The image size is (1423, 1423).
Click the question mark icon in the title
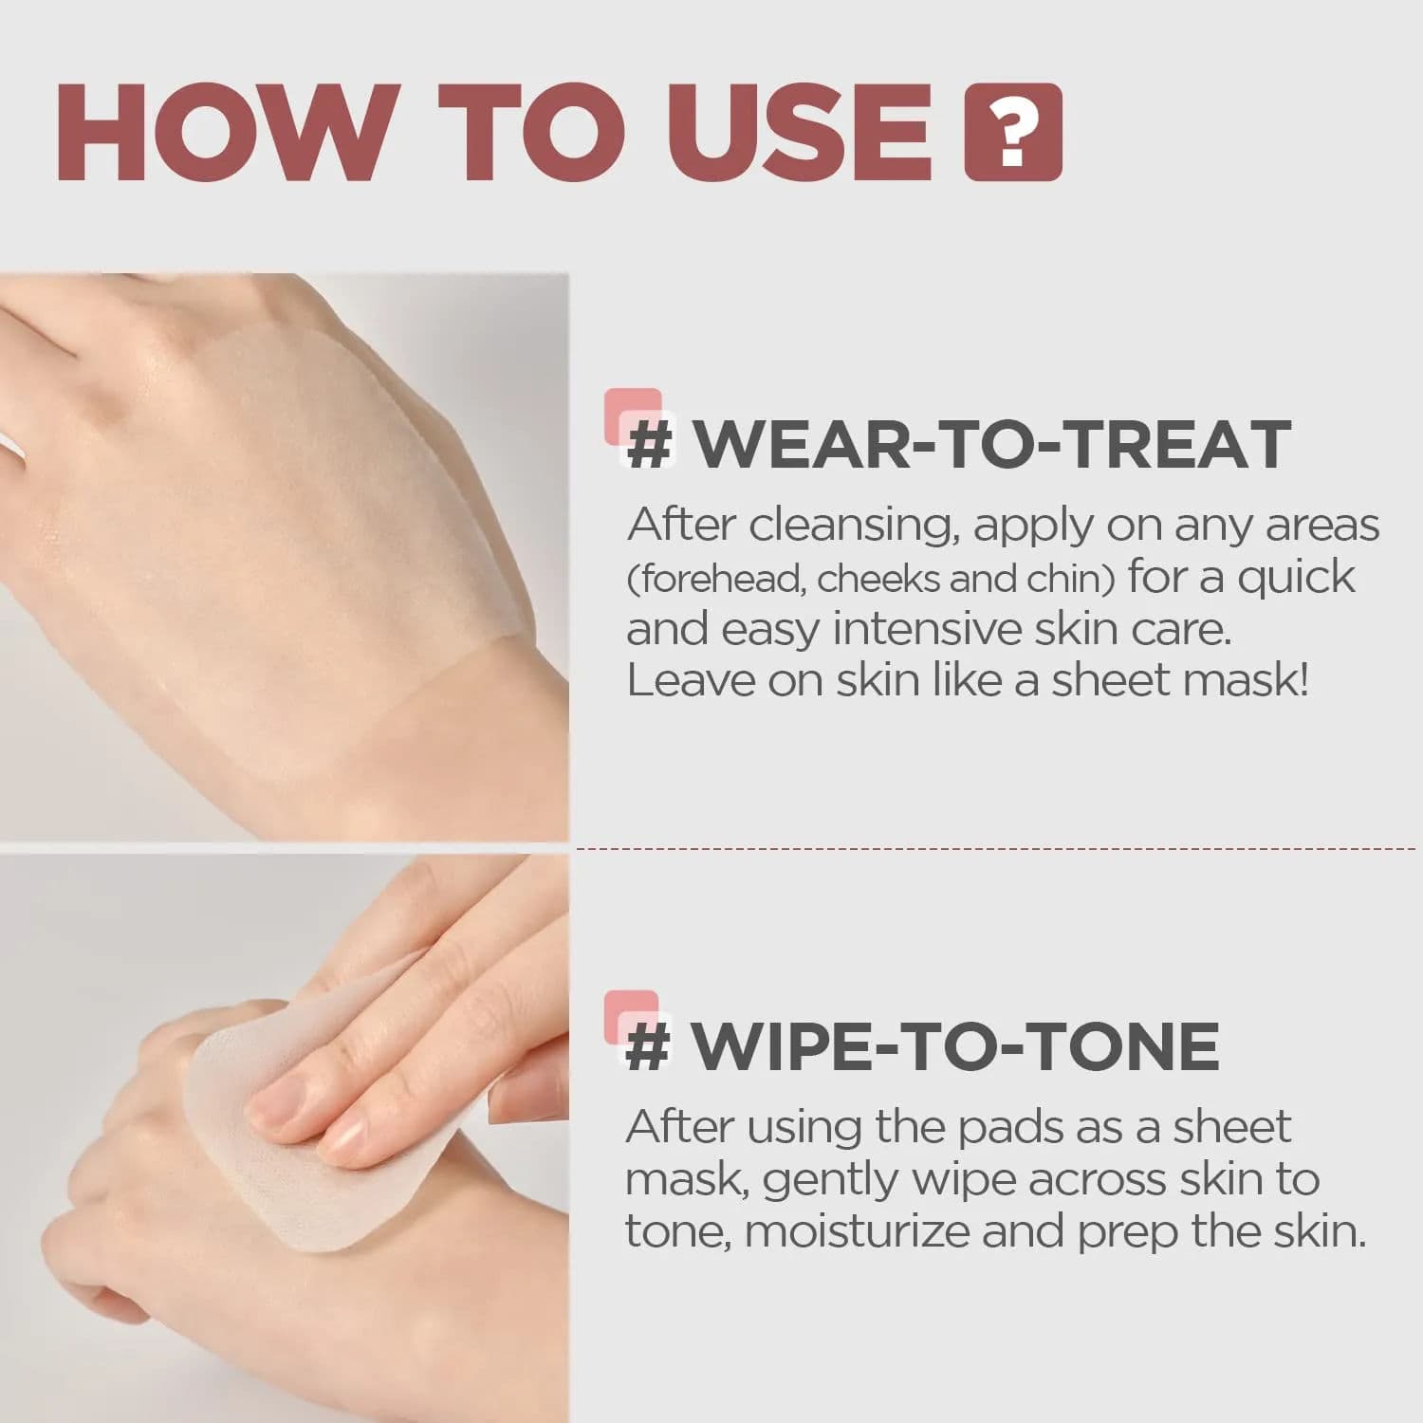tap(1012, 132)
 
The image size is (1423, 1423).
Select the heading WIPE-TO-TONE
tap(954, 1045)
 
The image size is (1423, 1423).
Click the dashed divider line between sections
tap(996, 848)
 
